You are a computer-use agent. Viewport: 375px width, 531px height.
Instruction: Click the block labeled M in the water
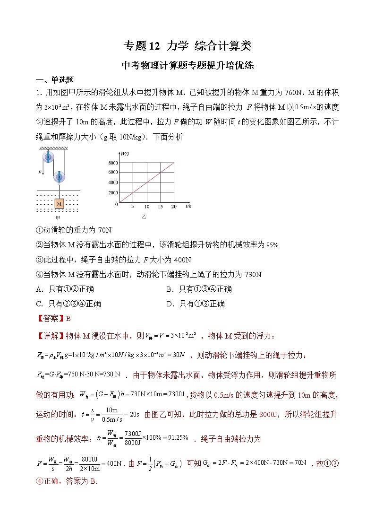click(59, 203)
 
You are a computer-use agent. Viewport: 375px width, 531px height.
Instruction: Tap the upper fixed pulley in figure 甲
click(48, 157)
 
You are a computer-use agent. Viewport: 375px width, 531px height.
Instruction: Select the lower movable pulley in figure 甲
click(60, 176)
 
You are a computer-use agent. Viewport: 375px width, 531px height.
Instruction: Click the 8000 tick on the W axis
click(113, 163)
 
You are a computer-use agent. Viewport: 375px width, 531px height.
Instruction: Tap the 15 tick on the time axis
click(160, 207)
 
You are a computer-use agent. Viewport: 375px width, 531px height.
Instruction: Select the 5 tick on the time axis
click(133, 207)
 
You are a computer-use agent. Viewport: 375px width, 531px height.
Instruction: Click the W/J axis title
click(125, 154)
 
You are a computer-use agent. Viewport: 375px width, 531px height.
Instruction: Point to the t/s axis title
click(188, 206)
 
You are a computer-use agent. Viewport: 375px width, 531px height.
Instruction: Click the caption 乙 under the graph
click(144, 217)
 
